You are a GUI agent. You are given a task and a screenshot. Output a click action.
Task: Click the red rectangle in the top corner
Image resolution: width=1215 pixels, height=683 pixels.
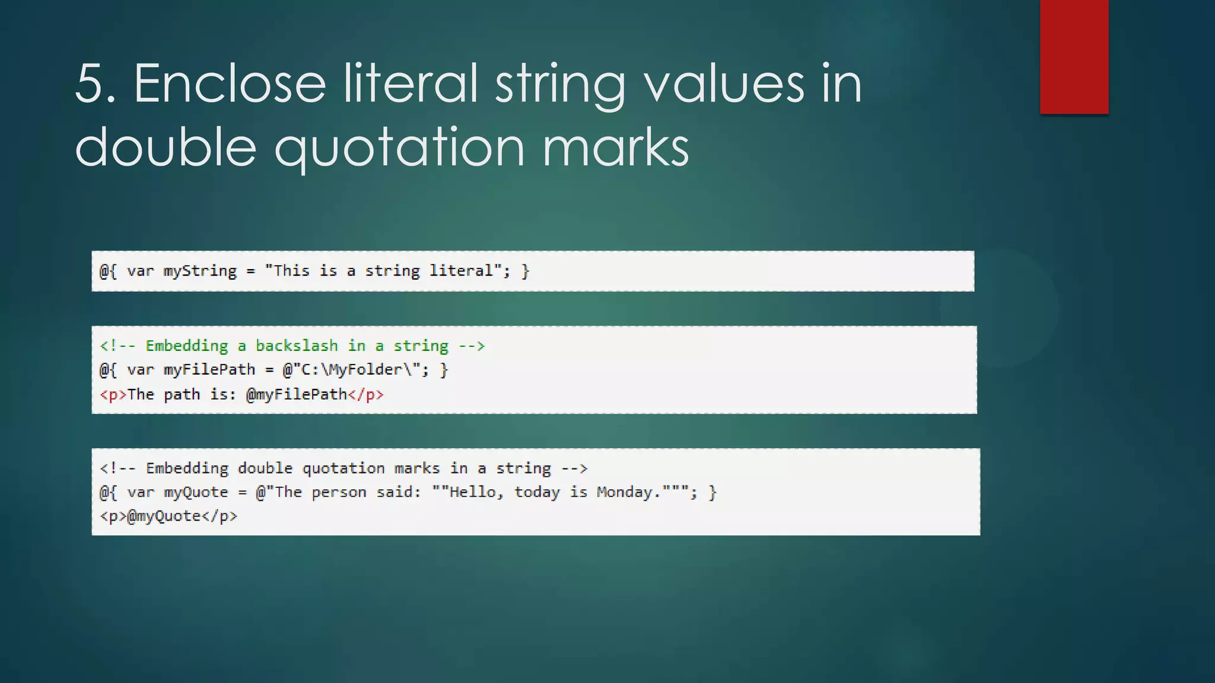tap(1074, 56)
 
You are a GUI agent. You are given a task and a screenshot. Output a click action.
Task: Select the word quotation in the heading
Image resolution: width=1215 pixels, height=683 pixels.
tap(399, 148)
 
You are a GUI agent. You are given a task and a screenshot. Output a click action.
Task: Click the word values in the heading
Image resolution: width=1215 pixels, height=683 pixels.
tap(724, 84)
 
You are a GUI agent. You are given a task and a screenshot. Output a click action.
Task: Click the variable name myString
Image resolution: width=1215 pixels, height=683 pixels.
tap(200, 271)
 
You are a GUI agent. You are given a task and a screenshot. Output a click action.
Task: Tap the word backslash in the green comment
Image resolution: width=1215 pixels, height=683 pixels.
tap(297, 346)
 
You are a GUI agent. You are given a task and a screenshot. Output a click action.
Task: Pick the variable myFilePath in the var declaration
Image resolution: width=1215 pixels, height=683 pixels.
tap(209, 370)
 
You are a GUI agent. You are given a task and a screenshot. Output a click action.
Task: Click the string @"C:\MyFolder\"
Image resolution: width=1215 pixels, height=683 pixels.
tap(352, 370)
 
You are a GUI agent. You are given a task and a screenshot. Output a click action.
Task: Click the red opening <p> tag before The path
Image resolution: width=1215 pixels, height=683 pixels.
tap(113, 395)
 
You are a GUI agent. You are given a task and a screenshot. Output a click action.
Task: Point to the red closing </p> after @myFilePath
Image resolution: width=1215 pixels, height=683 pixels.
tap(366, 395)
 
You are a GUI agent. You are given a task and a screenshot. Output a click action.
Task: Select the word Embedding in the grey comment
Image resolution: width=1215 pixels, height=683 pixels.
tap(186, 468)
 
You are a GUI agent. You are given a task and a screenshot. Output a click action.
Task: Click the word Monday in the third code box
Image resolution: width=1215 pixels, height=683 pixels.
tap(624, 492)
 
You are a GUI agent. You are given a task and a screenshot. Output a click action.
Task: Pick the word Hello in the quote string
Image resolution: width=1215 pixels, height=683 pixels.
tap(472, 492)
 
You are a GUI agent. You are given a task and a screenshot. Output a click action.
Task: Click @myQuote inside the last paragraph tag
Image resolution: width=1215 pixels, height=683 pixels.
tap(164, 516)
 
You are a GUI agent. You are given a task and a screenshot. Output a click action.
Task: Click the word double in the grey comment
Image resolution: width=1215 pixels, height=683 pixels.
tap(265, 468)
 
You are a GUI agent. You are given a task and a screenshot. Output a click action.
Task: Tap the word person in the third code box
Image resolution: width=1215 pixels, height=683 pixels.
tap(339, 493)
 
